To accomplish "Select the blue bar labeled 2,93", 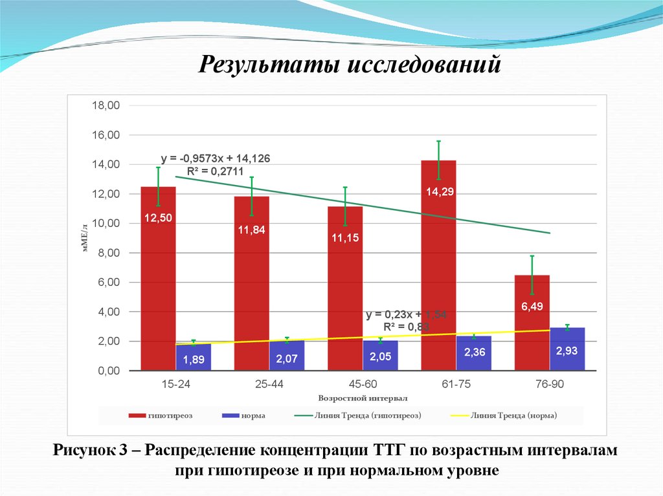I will click(567, 349).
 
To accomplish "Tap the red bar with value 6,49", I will click(532, 323).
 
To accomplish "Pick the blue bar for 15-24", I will click(194, 357).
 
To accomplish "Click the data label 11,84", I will click(251, 230).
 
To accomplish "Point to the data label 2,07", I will click(287, 358).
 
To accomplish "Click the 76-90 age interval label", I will click(550, 384).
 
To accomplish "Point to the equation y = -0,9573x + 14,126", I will click(216, 158).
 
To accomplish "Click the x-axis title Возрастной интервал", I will click(363, 398).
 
